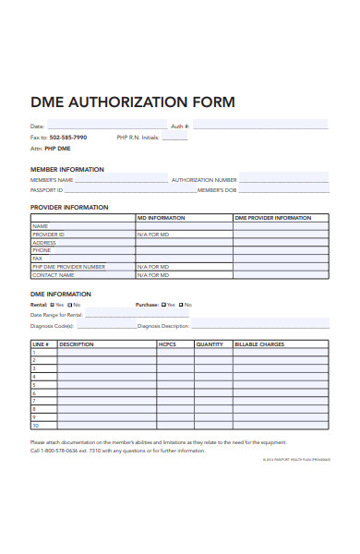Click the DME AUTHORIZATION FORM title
pyautogui.click(x=133, y=102)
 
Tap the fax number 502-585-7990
pyautogui.click(x=67, y=137)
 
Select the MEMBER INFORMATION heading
pyautogui.click(x=67, y=169)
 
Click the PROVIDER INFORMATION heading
pyautogui.click(x=69, y=208)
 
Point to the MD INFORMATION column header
pyautogui.click(x=162, y=218)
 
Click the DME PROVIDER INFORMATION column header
pyautogui.click(x=272, y=218)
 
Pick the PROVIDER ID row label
pyautogui.click(x=48, y=235)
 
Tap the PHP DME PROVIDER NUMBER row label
pyautogui.click(x=68, y=266)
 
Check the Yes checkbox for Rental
pyautogui.click(x=54, y=305)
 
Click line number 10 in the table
pyautogui.click(x=36, y=426)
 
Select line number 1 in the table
pyautogui.click(x=34, y=353)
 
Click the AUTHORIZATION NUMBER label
pyautogui.click(x=204, y=179)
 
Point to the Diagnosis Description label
pyautogui.click(x=163, y=326)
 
